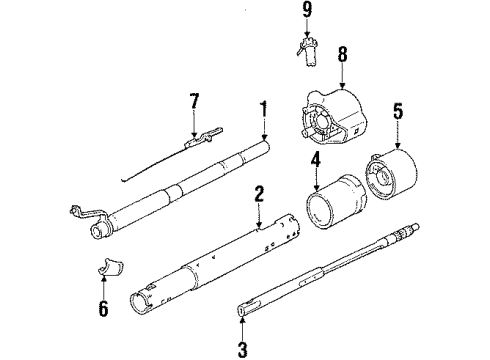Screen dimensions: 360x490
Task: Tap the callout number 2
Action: (x=258, y=194)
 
